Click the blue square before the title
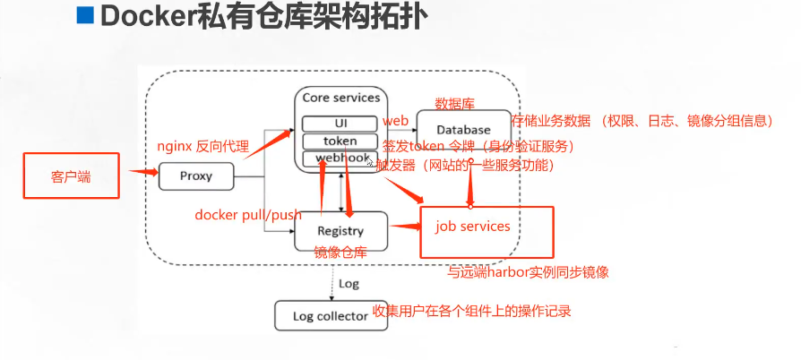(85, 18)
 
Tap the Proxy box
(195, 176)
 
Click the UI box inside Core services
(340, 123)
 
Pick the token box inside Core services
(340, 141)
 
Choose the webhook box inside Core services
(340, 159)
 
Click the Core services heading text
(340, 98)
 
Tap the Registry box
(340, 231)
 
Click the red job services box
(487, 231)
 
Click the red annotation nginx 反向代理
(202, 145)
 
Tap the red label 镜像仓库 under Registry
(340, 254)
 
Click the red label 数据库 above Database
(453, 102)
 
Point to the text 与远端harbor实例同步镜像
(534, 272)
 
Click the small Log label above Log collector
(349, 283)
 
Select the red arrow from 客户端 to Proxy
(141, 172)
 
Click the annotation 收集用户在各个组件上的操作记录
(471, 312)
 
